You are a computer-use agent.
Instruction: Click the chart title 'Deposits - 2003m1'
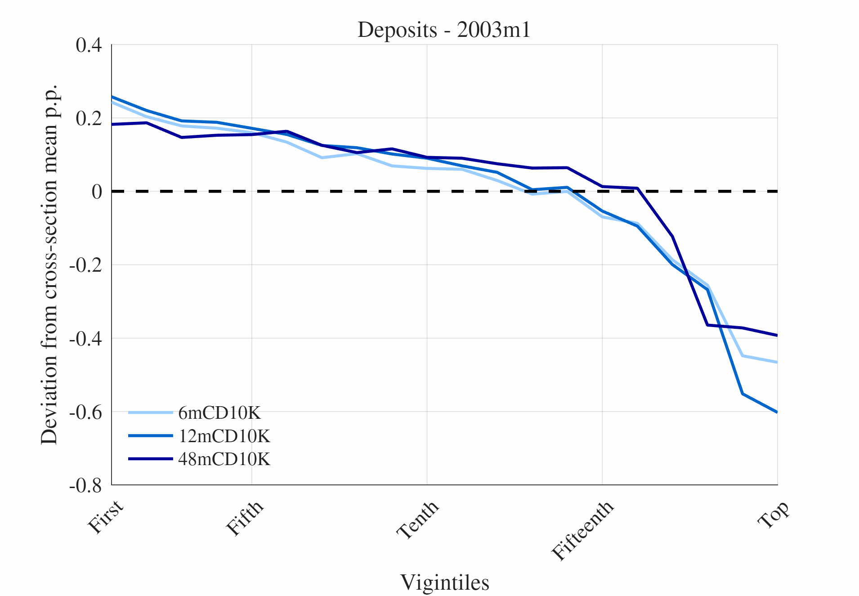coord(444,30)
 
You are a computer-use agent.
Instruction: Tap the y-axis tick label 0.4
coord(89,45)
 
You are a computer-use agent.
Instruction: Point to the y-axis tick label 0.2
coord(89,119)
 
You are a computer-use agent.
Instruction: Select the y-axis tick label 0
coord(97,192)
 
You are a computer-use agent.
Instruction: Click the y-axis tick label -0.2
coord(85,265)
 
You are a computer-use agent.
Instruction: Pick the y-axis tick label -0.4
coord(85,339)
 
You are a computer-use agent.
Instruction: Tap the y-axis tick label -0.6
coord(85,412)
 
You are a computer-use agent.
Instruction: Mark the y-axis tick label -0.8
coord(85,485)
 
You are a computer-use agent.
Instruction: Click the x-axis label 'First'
coord(106,517)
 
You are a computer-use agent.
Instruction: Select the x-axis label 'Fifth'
coord(245,518)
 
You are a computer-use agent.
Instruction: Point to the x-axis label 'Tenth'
coord(418,520)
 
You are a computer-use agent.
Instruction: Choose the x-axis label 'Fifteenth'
coord(583,531)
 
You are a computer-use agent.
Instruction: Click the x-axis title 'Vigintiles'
coord(444,583)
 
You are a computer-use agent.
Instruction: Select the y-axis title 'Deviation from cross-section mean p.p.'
coord(49,264)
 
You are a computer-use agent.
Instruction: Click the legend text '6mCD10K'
coord(219,413)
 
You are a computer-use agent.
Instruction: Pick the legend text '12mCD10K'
coord(224,436)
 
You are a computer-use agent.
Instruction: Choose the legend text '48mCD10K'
coord(224,459)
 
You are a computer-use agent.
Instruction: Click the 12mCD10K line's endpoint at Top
coord(777,412)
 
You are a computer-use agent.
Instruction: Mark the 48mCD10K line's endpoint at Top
coord(777,336)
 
